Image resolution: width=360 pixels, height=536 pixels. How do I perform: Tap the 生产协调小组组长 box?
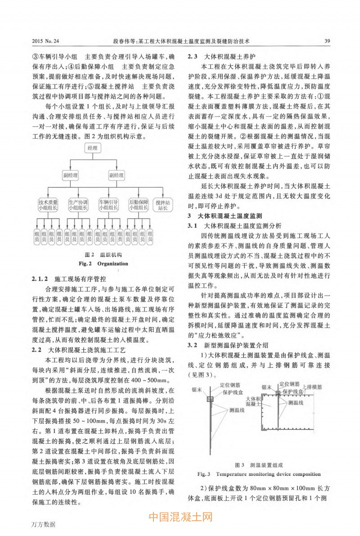point(78,205)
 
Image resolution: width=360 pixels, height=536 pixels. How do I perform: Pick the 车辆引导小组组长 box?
point(108,205)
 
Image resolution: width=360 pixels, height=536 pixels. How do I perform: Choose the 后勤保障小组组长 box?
point(139,205)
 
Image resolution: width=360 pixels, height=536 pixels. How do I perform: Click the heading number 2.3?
point(193,57)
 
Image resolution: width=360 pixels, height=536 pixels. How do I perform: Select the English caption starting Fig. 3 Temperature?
point(259,474)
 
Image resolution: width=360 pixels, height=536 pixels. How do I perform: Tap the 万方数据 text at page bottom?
point(44,525)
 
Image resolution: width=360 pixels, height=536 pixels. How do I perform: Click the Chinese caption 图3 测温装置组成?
point(259,464)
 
